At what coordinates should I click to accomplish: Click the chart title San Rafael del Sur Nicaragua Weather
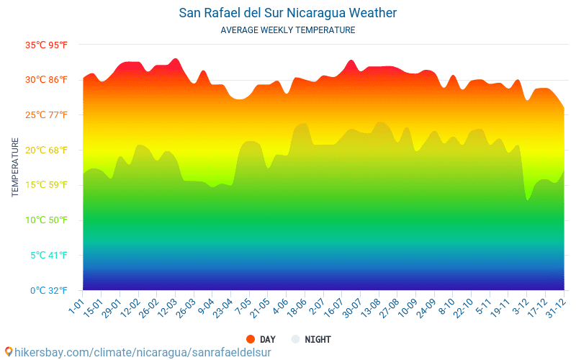tap(288, 13)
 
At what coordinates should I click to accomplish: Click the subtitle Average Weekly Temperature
tap(288, 30)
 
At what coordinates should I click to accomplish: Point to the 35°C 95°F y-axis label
tap(47, 45)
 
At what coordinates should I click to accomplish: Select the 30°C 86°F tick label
tap(47, 80)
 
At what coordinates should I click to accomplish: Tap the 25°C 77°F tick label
tap(47, 115)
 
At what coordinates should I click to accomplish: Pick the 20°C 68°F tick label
tap(47, 150)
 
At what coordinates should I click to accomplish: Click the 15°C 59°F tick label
tap(47, 185)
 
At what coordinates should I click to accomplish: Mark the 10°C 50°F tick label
tap(47, 220)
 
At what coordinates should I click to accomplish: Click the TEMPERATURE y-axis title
tap(15, 167)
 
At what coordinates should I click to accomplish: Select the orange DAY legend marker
tap(251, 339)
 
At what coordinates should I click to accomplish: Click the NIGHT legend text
tap(318, 339)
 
